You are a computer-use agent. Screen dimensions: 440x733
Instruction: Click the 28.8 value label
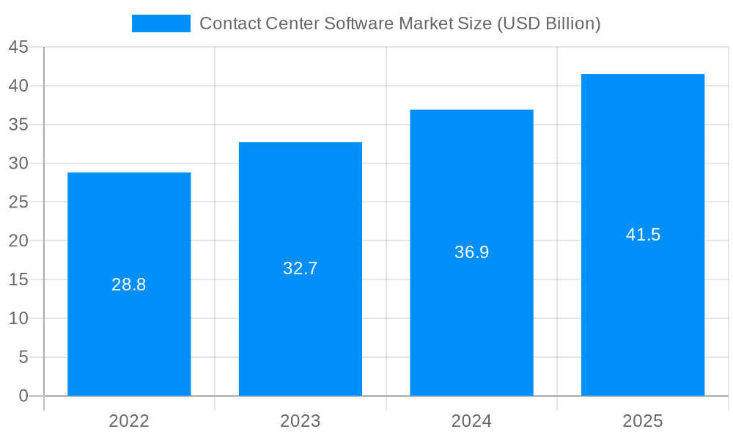pyautogui.click(x=129, y=285)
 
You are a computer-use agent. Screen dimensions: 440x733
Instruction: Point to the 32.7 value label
pyautogui.click(x=301, y=268)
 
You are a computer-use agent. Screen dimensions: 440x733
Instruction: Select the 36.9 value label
pyautogui.click(x=471, y=252)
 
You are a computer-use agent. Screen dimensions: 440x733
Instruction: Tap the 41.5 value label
pyautogui.click(x=643, y=235)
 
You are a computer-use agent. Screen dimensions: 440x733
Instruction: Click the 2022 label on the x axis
pyautogui.click(x=129, y=421)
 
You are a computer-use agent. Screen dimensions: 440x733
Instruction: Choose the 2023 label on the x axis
pyautogui.click(x=301, y=421)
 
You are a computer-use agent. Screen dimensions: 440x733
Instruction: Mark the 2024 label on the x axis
pyautogui.click(x=471, y=421)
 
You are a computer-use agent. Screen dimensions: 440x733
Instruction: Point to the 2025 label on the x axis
pyautogui.click(x=643, y=421)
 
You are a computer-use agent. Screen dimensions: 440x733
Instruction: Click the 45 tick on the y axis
pyautogui.click(x=18, y=48)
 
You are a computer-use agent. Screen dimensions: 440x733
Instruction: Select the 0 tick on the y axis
pyautogui.click(x=23, y=396)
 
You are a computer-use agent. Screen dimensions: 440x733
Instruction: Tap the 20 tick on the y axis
pyautogui.click(x=18, y=241)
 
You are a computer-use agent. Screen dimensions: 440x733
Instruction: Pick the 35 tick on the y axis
pyautogui.click(x=18, y=125)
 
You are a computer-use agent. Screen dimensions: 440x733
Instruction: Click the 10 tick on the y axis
pyautogui.click(x=18, y=318)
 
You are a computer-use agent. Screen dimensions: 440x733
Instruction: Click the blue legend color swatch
pyautogui.click(x=161, y=23)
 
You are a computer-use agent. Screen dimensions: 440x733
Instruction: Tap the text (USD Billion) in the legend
pyautogui.click(x=548, y=23)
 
